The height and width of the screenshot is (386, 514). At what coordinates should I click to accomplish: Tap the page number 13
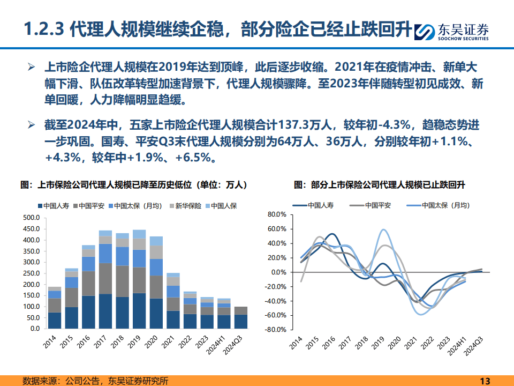point(485,381)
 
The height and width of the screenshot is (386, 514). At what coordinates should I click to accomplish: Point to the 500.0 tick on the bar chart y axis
point(31,218)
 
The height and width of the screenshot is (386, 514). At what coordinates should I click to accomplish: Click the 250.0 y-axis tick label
point(31,273)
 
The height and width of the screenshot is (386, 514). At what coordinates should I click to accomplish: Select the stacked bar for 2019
point(139,279)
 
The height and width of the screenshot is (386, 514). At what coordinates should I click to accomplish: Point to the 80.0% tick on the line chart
point(277,214)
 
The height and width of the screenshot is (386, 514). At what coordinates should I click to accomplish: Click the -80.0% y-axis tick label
point(276,330)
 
